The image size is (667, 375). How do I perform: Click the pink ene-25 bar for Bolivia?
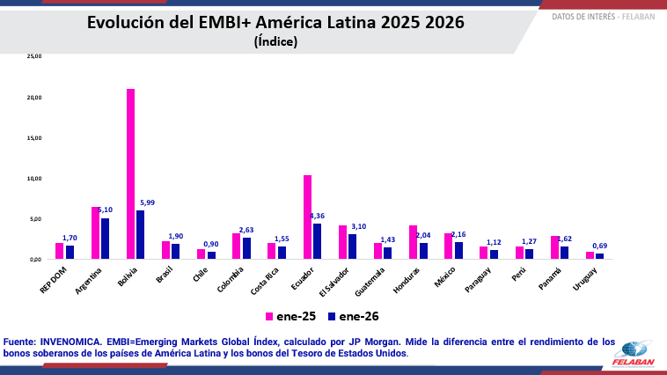click(x=130, y=174)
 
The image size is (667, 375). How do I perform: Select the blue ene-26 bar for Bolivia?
click(x=140, y=234)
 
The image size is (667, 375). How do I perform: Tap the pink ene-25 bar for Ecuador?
click(x=307, y=217)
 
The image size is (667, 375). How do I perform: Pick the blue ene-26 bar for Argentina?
click(x=105, y=239)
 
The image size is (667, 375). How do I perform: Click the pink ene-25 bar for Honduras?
click(x=413, y=242)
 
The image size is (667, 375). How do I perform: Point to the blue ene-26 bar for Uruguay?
click(x=599, y=256)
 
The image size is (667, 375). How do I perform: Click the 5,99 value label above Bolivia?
click(x=147, y=203)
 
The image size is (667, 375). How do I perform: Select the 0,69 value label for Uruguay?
click(x=599, y=246)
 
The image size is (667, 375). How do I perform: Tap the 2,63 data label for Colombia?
click(x=246, y=231)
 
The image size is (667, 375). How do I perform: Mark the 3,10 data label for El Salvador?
click(x=358, y=227)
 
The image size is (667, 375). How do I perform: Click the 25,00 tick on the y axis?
click(x=34, y=56)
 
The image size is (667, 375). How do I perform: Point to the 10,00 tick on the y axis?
click(x=34, y=178)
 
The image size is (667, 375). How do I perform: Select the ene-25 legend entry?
click(x=290, y=316)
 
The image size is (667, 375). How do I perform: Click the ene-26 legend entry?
click(x=354, y=316)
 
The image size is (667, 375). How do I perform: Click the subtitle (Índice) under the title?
click(x=275, y=41)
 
